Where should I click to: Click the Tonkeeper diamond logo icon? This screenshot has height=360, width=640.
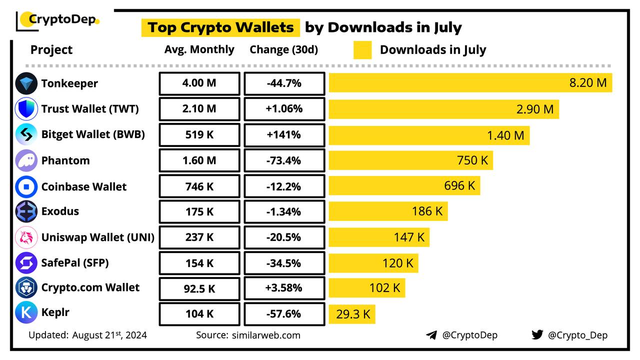[26, 83]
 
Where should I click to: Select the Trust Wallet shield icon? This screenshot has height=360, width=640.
[26, 109]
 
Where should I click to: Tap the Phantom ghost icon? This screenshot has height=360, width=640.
[26, 160]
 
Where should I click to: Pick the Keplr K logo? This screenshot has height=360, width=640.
[26, 312]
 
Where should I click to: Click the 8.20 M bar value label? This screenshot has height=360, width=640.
[588, 83]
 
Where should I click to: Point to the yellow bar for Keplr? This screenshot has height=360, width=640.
[351, 314]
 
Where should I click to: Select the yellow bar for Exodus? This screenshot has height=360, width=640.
[388, 211]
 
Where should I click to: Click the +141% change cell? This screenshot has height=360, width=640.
[284, 134]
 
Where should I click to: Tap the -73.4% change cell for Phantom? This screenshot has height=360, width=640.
[284, 160]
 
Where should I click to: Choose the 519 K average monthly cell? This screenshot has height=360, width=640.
[199, 134]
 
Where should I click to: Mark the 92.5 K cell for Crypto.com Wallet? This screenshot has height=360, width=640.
[199, 288]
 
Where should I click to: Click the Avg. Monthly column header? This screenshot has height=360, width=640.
[199, 49]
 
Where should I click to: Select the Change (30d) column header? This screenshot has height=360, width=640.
[283, 49]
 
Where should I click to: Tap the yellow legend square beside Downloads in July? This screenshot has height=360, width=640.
[362, 50]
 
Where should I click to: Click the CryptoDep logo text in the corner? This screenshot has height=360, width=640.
[60, 20]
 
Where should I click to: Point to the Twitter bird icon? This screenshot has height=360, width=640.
[537, 334]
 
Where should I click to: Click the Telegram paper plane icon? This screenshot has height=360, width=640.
[431, 335]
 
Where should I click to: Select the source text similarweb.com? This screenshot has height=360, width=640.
[266, 335]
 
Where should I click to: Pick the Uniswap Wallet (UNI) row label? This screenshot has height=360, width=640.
[97, 237]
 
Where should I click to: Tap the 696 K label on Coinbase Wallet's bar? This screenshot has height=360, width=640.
[459, 185]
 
